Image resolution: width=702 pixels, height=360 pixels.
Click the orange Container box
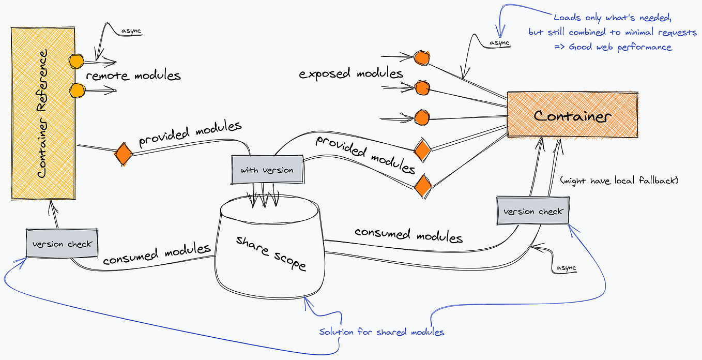click(572, 115)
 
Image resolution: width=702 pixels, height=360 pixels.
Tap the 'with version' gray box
click(267, 169)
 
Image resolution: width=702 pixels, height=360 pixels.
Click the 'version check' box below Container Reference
click(62, 244)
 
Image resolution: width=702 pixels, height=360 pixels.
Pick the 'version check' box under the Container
click(533, 211)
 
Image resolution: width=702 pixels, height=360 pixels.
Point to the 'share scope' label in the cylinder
click(271, 253)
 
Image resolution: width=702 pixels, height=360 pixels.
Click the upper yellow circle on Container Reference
click(77, 62)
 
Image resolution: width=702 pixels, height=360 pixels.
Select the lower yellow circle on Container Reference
click(77, 91)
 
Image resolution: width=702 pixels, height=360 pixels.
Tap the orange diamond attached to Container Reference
click(123, 154)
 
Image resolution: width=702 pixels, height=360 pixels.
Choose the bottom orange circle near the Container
click(422, 117)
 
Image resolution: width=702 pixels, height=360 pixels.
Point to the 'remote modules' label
click(133, 76)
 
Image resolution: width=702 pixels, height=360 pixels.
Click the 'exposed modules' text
click(351, 73)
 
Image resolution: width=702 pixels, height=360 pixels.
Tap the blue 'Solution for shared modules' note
click(381, 332)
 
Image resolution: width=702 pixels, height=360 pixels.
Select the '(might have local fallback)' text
click(619, 181)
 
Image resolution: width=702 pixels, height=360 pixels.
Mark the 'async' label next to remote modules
click(131, 31)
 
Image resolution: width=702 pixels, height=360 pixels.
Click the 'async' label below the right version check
click(566, 267)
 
